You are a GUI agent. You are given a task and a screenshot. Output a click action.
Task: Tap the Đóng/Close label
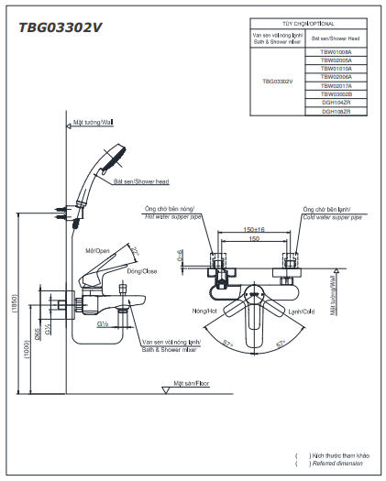tap(141, 271)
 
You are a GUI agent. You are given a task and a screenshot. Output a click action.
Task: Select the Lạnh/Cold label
tap(301, 312)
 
